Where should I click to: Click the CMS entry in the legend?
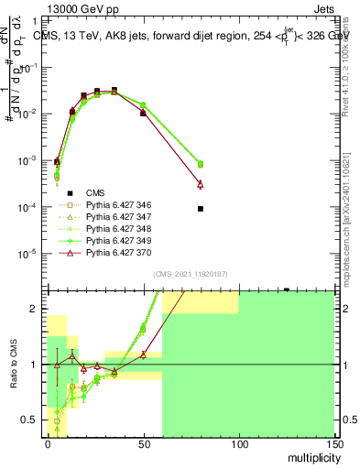pyautogui.click(x=95, y=192)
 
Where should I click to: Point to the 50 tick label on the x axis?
pyautogui.click(x=143, y=442)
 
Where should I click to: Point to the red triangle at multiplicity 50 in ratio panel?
pyautogui.click(x=143, y=354)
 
